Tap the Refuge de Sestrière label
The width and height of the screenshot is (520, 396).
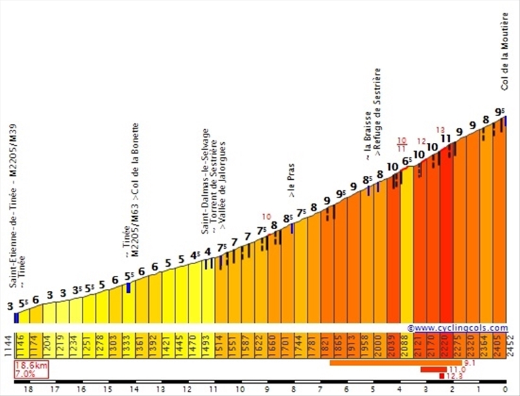click(377, 114)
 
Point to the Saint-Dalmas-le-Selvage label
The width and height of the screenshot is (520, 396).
click(205, 182)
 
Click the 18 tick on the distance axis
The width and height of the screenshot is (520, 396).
click(28, 390)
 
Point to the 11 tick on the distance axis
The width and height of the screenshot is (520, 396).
click(213, 390)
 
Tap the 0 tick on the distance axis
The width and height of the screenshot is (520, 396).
click(504, 390)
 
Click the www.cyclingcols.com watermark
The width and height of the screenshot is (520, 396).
click(458, 328)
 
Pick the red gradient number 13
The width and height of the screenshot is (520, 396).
click(441, 129)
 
